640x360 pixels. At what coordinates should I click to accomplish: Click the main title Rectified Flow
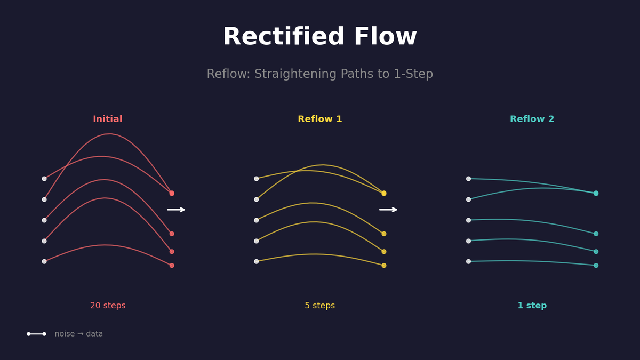(320, 37)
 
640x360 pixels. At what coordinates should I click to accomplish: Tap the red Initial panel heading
(108, 119)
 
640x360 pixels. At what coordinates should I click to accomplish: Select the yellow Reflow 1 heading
(320, 119)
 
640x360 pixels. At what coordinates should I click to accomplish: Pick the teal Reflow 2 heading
(532, 119)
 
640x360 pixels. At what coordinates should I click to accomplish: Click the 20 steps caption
(108, 306)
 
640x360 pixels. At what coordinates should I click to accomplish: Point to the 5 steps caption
(320, 306)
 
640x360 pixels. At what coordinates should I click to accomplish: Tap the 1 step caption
(532, 306)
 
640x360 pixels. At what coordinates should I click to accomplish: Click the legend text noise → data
(79, 334)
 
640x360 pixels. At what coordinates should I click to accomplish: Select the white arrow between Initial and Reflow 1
(176, 210)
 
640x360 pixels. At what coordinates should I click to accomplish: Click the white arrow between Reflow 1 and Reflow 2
(388, 210)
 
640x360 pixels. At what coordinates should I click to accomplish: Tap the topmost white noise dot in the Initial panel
(44, 179)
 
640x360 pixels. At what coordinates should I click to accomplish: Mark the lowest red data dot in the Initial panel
(172, 265)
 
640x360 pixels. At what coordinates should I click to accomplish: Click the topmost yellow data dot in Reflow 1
(384, 193)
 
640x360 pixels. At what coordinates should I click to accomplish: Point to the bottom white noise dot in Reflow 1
(257, 261)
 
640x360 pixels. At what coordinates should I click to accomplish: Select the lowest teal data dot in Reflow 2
(596, 265)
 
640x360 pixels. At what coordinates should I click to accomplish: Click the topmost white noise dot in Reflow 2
(468, 179)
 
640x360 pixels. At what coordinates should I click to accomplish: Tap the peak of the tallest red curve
(109, 134)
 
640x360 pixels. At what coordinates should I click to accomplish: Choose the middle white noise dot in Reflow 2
(468, 220)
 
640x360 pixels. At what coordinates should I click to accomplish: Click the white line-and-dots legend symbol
(36, 334)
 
